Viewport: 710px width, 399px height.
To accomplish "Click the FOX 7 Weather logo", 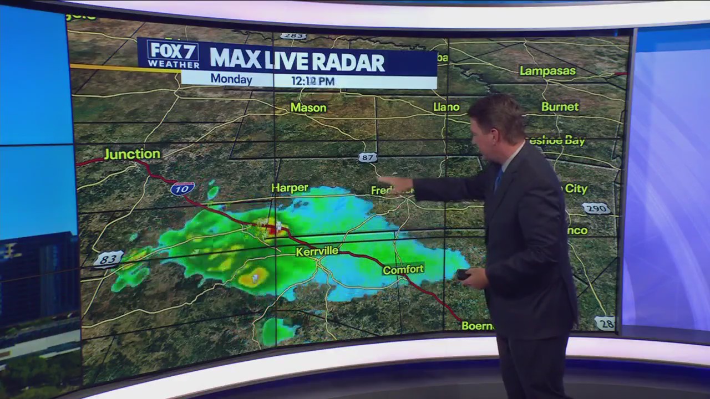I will click(173, 54).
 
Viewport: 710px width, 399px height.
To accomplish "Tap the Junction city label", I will click(132, 154).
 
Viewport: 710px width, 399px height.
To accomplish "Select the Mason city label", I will click(308, 108).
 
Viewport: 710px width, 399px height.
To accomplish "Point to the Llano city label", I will click(446, 107).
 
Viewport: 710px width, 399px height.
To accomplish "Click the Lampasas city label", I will click(547, 71).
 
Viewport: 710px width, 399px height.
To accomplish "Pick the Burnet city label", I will click(560, 106).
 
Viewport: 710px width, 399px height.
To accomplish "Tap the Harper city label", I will click(290, 188).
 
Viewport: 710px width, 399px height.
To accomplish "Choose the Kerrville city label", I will click(317, 251).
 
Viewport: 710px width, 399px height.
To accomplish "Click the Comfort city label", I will click(403, 269).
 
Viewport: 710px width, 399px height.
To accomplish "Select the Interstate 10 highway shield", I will click(182, 188).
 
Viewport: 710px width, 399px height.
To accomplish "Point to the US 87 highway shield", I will click(367, 158).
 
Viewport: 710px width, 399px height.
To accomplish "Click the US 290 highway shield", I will click(596, 208).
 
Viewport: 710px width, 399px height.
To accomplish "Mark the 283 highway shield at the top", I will click(292, 36).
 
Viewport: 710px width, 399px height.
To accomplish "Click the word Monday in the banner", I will click(231, 79).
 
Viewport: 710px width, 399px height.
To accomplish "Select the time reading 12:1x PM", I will click(313, 81).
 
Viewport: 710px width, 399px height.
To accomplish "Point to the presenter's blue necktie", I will click(499, 178).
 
